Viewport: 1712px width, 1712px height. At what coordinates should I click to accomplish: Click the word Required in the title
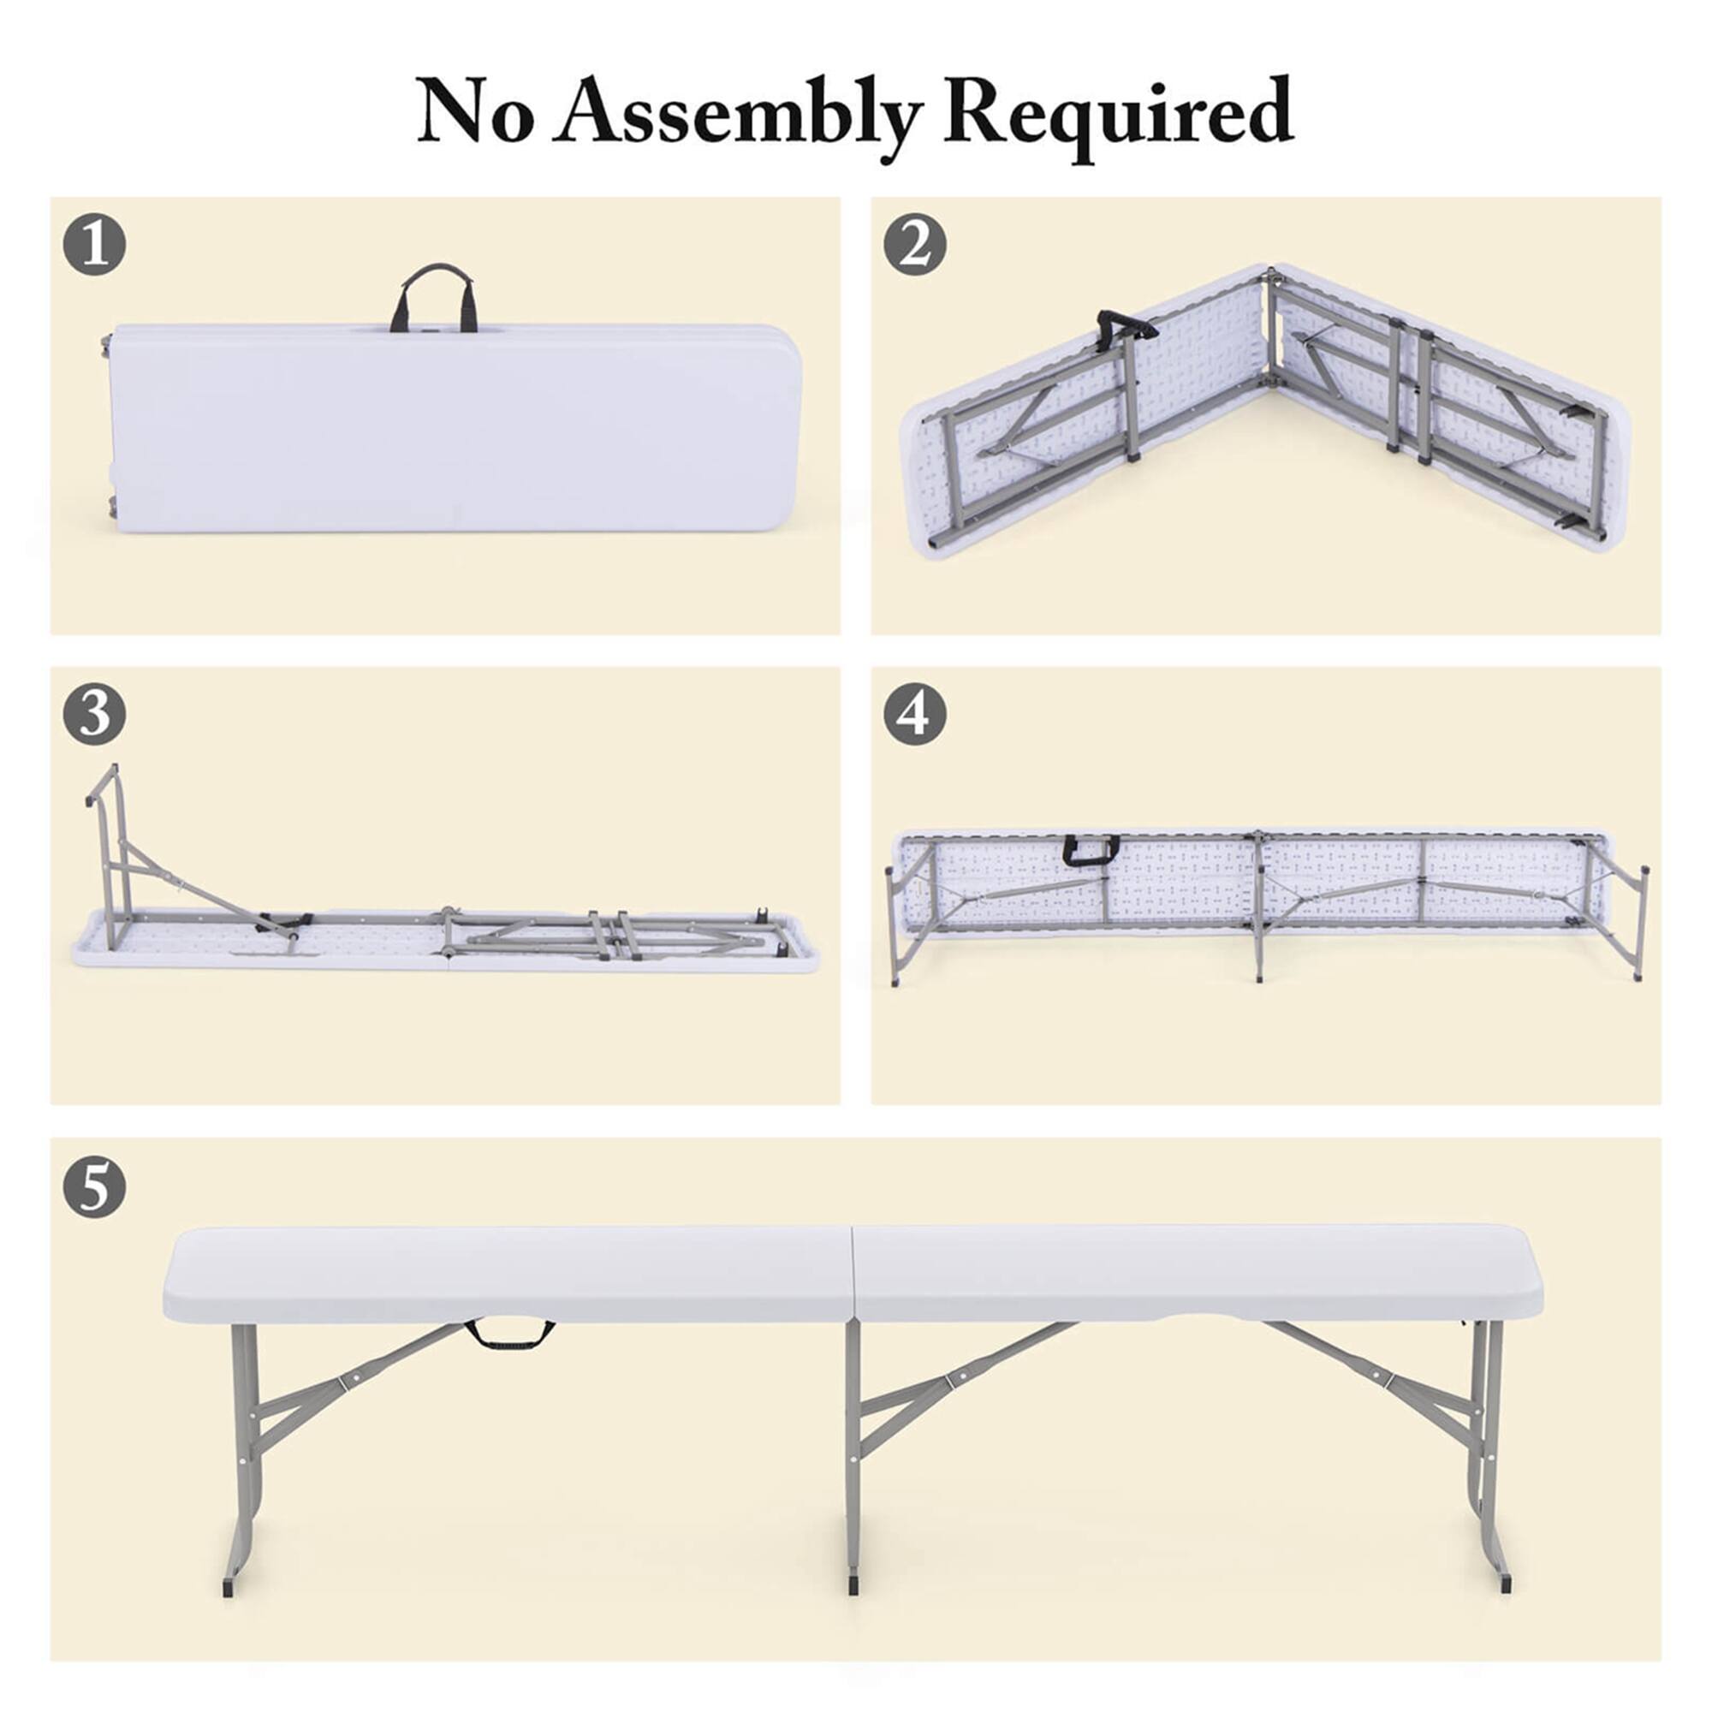point(1118,114)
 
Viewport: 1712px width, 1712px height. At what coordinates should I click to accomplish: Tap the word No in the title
point(475,114)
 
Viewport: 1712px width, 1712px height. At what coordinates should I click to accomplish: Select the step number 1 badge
point(94,245)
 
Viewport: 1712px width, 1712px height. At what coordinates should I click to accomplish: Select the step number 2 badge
point(914,245)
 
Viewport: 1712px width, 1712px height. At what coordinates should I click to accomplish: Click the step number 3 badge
point(94,714)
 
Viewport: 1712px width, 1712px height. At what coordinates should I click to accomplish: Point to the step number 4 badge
point(914,714)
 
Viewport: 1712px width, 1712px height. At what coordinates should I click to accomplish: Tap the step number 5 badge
point(94,1186)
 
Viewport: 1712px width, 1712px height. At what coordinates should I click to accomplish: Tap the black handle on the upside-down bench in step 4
point(1090,850)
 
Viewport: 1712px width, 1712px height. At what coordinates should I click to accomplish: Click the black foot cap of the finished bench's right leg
point(1506,1581)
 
